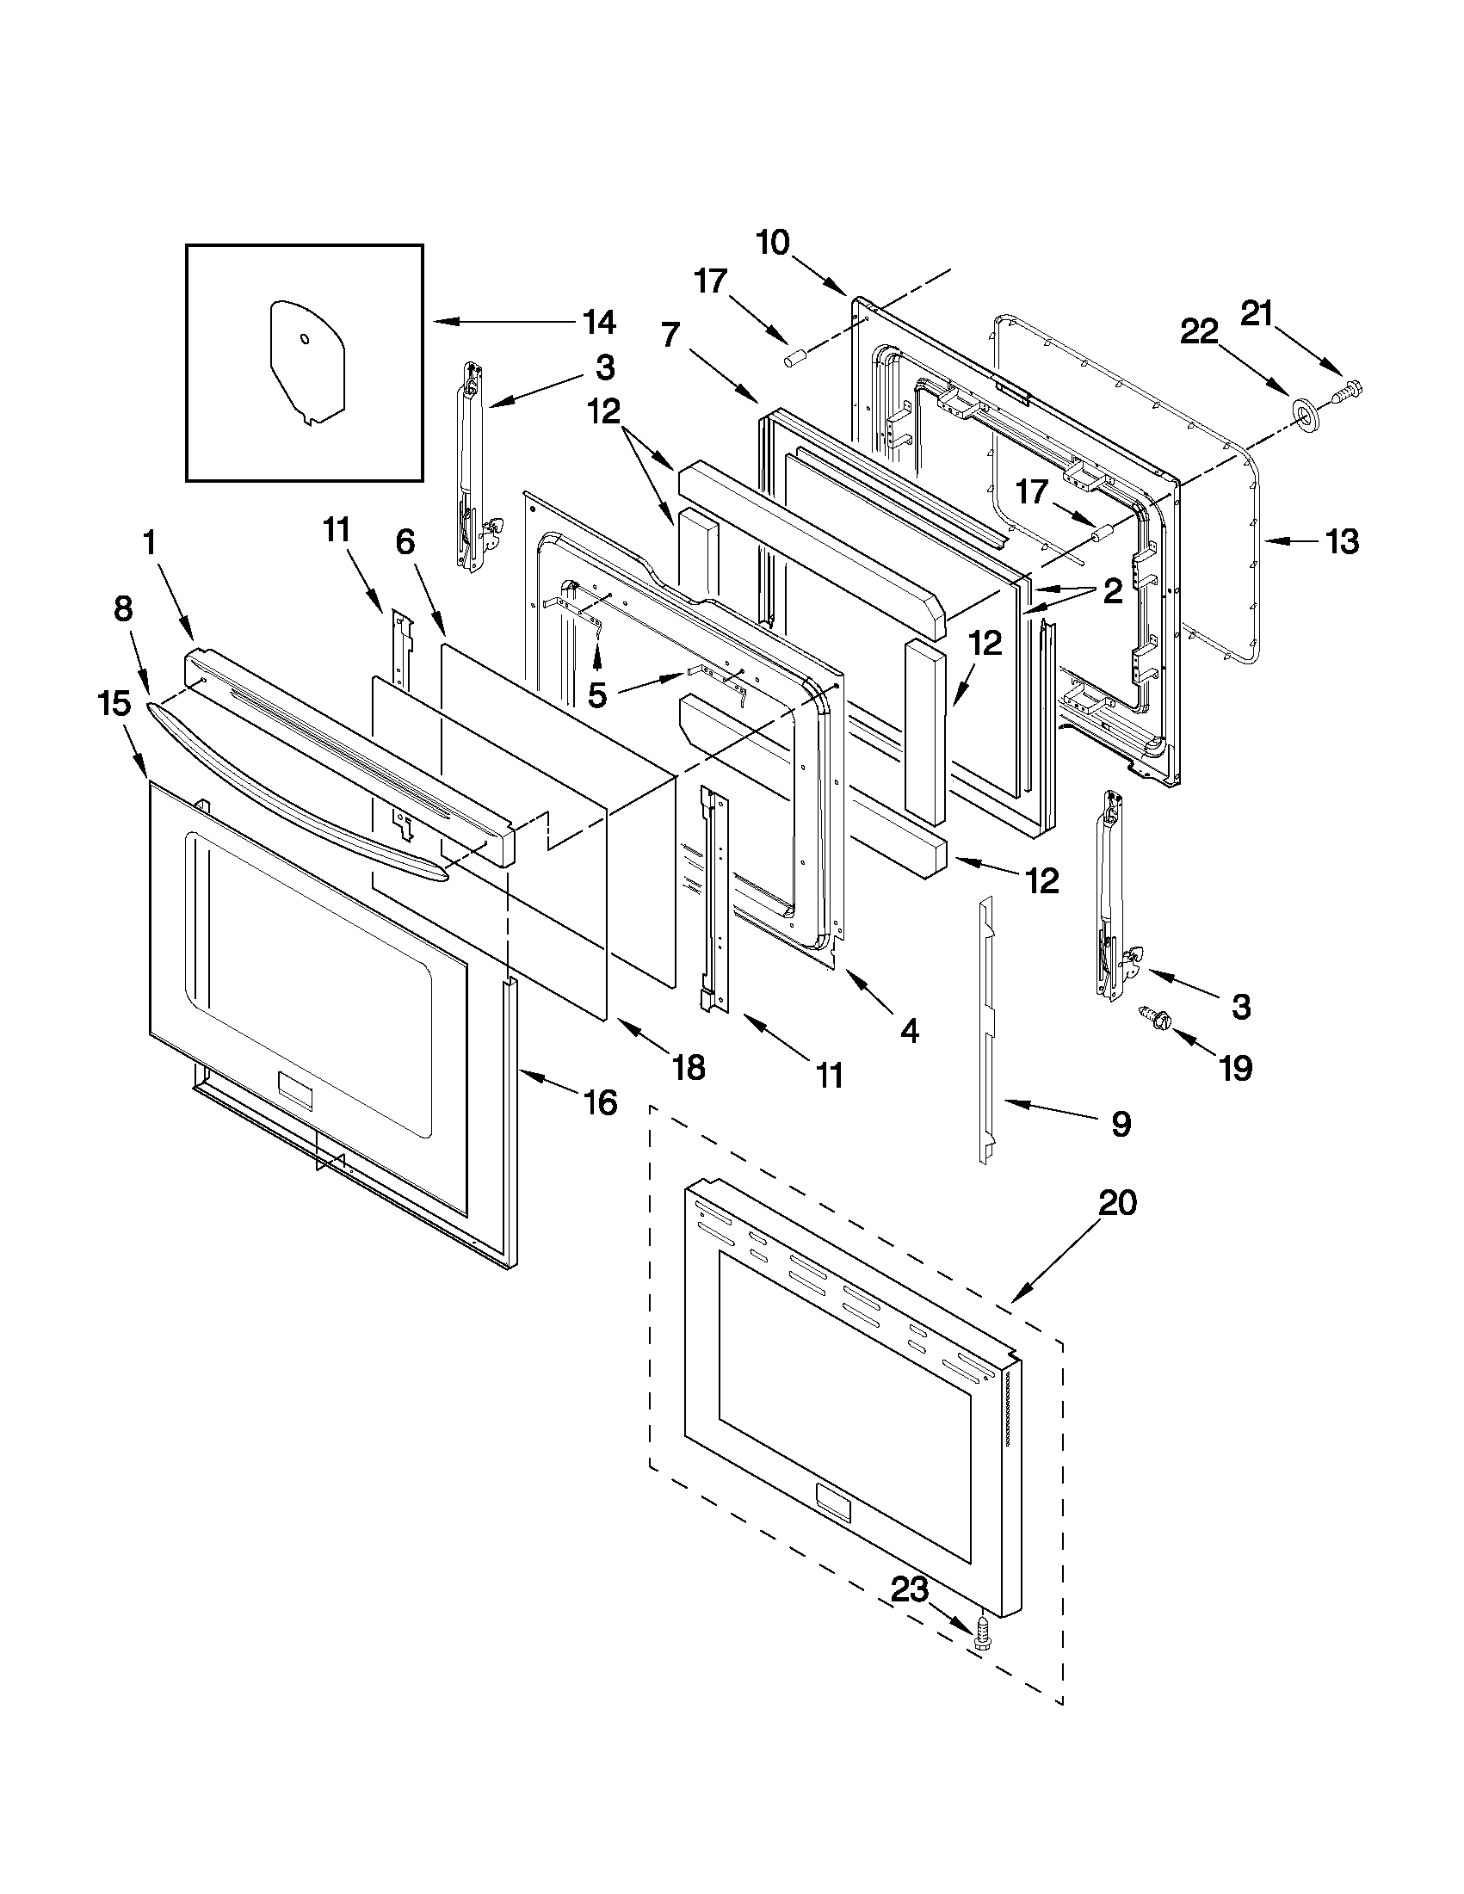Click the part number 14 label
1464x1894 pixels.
point(599,323)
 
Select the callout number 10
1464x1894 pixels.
point(772,243)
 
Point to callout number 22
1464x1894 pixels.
point(1200,331)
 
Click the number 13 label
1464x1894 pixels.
point(1341,542)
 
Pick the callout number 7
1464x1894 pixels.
point(670,334)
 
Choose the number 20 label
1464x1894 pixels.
point(1117,1204)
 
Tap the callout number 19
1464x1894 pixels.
point(1236,1068)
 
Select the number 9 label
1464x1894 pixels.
point(1121,1125)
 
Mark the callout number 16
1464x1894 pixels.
point(599,1102)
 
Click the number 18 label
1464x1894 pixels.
point(689,1068)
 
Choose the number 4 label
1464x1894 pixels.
point(909,1030)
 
